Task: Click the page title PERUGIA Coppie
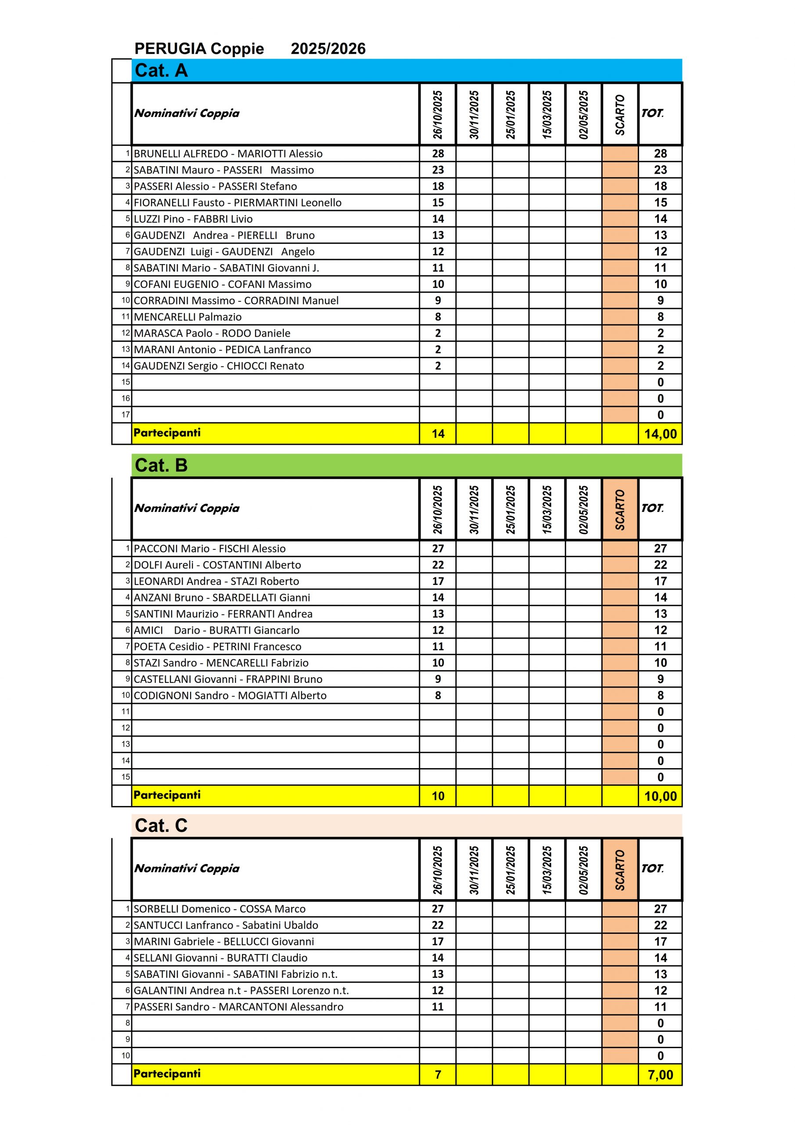click(x=199, y=48)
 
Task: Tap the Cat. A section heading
click(x=161, y=71)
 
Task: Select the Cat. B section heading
click(x=161, y=465)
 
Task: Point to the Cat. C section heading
click(x=161, y=826)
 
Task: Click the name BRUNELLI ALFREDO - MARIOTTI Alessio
click(x=228, y=154)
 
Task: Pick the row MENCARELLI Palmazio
click(x=188, y=317)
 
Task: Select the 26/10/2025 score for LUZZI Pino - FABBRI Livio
click(x=438, y=219)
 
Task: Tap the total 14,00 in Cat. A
click(x=660, y=434)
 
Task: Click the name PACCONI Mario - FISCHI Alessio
click(x=210, y=549)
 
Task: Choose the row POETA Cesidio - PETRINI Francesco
click(x=217, y=647)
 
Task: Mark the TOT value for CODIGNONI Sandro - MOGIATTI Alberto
click(x=660, y=695)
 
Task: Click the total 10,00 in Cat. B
click(x=660, y=796)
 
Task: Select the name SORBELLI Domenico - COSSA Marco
click(x=220, y=909)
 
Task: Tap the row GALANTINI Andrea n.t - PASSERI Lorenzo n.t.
click(x=241, y=990)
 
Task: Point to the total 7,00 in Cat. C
click(x=660, y=1074)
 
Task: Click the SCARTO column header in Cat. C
click(x=620, y=870)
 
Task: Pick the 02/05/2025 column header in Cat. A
click(x=583, y=114)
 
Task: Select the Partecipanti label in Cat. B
click(x=167, y=795)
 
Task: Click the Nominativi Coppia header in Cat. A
click(x=187, y=113)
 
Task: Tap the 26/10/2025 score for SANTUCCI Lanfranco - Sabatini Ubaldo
click(x=437, y=925)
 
